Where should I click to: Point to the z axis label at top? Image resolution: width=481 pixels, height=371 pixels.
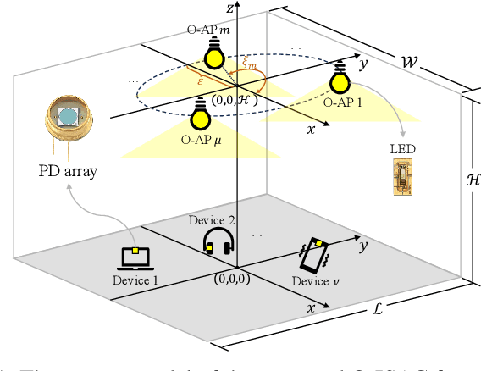[x=229, y=8]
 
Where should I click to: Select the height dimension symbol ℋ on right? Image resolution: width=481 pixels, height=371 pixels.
[x=473, y=182]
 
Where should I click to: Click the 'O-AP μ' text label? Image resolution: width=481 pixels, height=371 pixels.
[x=201, y=137]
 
